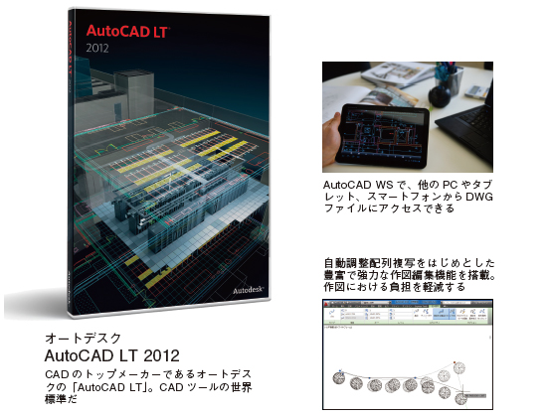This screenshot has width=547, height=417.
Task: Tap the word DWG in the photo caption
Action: click(x=479, y=198)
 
